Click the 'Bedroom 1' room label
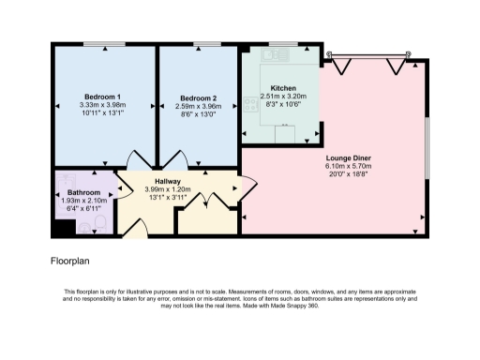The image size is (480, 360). click(103, 97)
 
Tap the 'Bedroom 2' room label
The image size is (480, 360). click(198, 97)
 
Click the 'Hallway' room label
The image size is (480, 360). click(168, 180)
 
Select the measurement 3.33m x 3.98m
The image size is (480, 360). click(103, 105)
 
